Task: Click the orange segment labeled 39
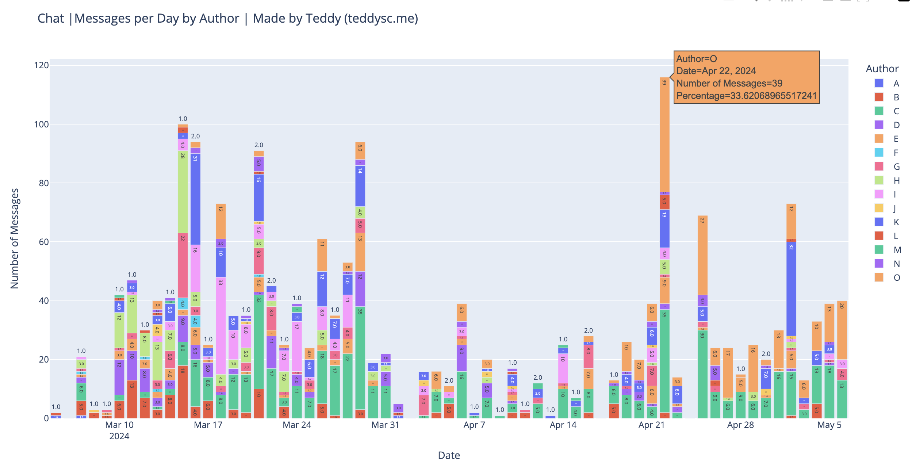tap(664, 135)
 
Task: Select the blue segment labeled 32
tap(791, 288)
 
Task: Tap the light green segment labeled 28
tap(183, 192)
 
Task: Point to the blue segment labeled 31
tap(195, 199)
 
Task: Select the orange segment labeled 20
tap(842, 330)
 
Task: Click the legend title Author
tap(882, 69)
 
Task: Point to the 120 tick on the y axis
tap(41, 65)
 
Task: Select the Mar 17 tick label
tap(208, 425)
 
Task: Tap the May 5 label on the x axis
tap(829, 425)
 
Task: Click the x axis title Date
tap(449, 455)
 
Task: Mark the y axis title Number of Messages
tap(15, 238)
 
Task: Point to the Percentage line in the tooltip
tap(746, 96)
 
